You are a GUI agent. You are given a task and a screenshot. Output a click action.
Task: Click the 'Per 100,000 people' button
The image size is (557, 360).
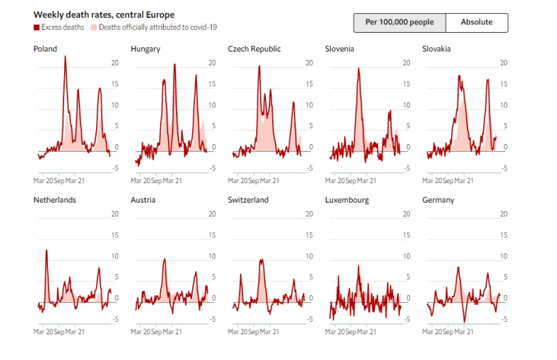pyautogui.click(x=399, y=22)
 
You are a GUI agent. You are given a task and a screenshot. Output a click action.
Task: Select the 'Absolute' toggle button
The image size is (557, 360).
pyautogui.click(x=476, y=22)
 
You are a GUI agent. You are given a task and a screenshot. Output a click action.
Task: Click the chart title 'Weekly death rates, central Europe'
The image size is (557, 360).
pyautogui.click(x=104, y=15)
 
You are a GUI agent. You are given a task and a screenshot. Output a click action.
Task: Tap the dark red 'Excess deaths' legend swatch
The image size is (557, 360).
pyautogui.click(x=36, y=27)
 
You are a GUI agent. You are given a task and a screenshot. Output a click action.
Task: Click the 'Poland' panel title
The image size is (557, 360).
pyautogui.click(x=45, y=49)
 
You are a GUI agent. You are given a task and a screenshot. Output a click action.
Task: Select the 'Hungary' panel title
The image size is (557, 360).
pyautogui.click(x=146, y=49)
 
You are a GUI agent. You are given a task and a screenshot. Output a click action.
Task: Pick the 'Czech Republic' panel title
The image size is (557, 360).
pyautogui.click(x=255, y=49)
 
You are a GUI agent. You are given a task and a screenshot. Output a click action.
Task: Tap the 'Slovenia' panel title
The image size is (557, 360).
pyautogui.click(x=340, y=49)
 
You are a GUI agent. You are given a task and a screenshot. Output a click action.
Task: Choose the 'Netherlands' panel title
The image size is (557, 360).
pyautogui.click(x=55, y=200)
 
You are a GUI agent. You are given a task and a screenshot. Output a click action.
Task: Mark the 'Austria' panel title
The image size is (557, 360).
pyautogui.click(x=143, y=200)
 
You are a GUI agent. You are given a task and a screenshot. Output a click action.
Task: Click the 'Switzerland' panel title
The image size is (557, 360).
pyautogui.click(x=248, y=200)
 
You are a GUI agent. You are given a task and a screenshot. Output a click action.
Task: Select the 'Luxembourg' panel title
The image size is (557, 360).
pyautogui.click(x=347, y=200)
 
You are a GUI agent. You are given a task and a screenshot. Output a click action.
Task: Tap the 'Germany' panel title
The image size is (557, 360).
pyautogui.click(x=438, y=200)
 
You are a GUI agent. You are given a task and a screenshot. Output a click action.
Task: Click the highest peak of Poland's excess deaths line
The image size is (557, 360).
pyautogui.click(x=65, y=57)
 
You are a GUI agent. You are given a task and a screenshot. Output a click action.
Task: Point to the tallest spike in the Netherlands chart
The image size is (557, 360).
pyautogui.click(x=47, y=251)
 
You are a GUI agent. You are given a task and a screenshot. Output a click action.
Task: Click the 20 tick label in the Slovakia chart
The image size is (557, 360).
pyautogui.click(x=503, y=63)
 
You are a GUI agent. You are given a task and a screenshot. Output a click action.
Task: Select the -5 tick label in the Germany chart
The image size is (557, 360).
pyautogui.click(x=503, y=320)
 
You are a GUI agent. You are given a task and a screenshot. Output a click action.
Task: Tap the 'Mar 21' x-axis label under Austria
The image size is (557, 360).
pyautogui.click(x=173, y=331)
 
